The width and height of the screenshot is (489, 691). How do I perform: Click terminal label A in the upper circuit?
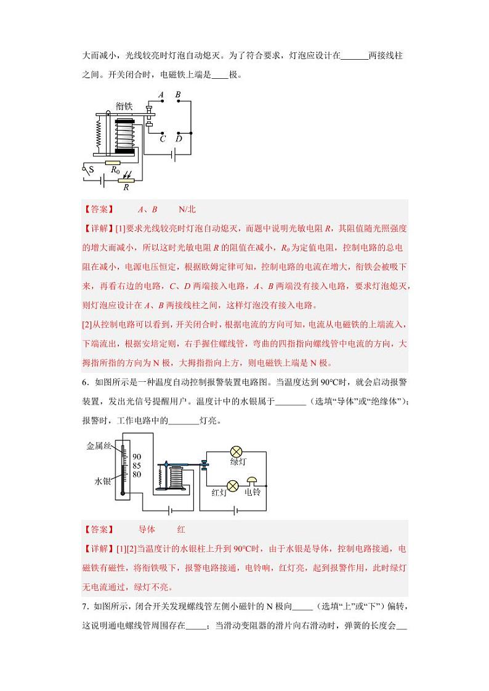click(x=161, y=95)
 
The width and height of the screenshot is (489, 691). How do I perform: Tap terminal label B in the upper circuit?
click(x=178, y=95)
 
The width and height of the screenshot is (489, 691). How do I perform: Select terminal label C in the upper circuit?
click(x=163, y=139)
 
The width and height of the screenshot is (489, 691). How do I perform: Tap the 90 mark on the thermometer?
click(x=137, y=456)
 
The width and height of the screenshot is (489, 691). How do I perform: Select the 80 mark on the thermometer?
click(x=137, y=474)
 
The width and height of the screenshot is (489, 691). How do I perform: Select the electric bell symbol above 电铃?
click(x=252, y=481)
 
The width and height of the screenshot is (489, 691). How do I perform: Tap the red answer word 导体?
click(x=147, y=529)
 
